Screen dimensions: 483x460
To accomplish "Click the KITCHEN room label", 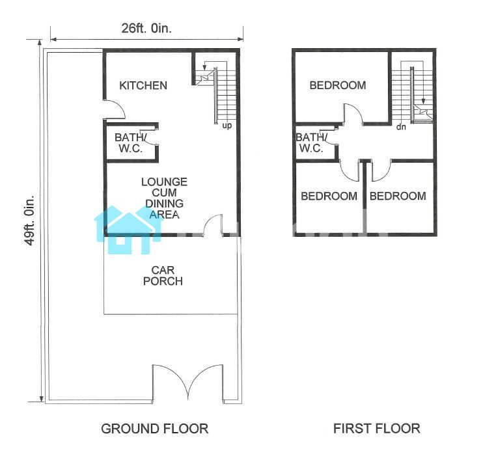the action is point(143,85).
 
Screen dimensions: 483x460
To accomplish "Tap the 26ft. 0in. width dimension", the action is point(146,29).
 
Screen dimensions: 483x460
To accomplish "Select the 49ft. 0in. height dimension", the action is point(30,219).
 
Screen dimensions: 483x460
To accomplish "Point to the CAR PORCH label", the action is point(163,276).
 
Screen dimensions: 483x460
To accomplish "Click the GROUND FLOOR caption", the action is point(155,429).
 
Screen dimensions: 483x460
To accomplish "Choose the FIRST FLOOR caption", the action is point(377,429).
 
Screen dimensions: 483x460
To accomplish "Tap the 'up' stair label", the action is point(227,126).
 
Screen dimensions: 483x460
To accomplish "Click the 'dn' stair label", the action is point(401,126).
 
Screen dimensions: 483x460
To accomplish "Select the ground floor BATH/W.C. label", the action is point(131,143).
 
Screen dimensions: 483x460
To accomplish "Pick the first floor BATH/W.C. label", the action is point(311,143).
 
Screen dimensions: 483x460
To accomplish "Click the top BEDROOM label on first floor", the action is point(338,85).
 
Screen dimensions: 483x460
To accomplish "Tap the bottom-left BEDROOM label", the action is point(329,196).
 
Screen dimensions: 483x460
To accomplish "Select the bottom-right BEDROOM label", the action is point(398,196).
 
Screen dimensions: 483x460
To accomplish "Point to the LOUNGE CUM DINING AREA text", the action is point(164,198).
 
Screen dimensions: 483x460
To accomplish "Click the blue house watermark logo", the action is point(128,230).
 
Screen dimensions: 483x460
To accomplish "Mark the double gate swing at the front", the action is point(187,382).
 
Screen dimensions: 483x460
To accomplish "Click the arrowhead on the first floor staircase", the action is point(423,101).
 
